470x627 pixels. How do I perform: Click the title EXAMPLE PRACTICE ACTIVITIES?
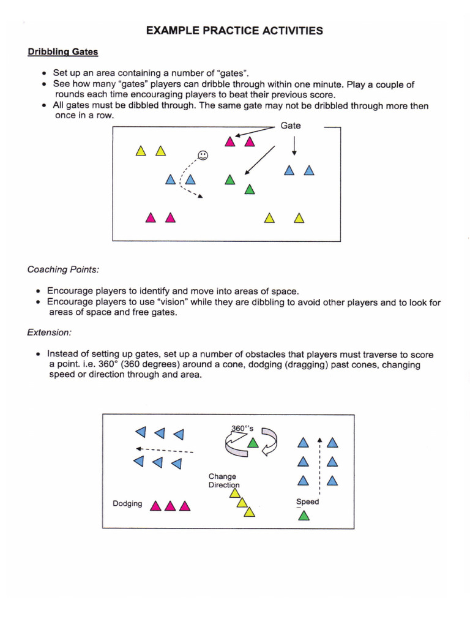[234, 31]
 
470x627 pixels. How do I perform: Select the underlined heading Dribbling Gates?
[62, 52]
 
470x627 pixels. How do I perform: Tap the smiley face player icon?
[203, 155]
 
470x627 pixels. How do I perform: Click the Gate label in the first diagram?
[291, 126]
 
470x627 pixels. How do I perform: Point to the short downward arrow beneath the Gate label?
[294, 145]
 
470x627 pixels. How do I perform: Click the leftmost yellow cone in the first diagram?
[141, 151]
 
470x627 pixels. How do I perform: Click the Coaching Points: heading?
[63, 269]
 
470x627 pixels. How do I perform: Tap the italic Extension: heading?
[49, 332]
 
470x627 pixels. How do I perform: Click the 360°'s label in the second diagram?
[242, 429]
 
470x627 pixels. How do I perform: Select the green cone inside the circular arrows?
[252, 442]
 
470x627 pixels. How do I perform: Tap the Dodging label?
[127, 504]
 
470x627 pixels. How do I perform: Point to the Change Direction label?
[223, 481]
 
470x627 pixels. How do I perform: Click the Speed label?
[307, 501]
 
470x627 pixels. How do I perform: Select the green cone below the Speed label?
[304, 516]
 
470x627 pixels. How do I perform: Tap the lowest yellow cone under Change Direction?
[248, 512]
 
